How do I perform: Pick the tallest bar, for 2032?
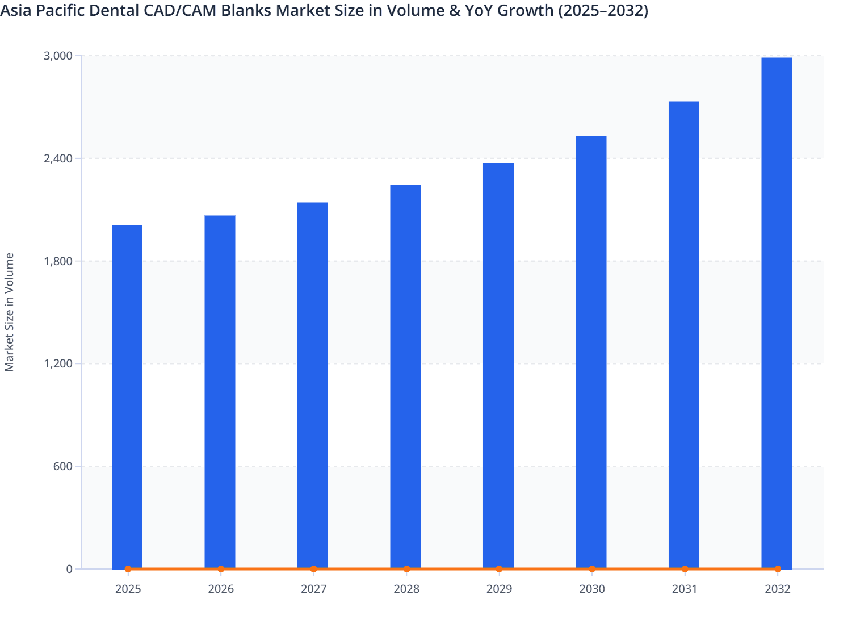(x=777, y=312)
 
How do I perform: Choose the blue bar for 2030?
(x=591, y=352)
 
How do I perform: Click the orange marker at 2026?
(x=221, y=569)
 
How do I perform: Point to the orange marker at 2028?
(x=406, y=569)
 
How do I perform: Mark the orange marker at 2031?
(x=685, y=569)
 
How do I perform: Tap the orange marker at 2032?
(x=778, y=569)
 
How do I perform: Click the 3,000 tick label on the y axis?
(x=58, y=56)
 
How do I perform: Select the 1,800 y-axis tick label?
(x=58, y=261)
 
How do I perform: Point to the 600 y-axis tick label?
(x=64, y=466)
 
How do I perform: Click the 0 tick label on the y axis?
(x=69, y=569)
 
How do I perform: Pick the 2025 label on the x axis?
(x=128, y=589)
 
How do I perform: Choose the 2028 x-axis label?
(x=406, y=589)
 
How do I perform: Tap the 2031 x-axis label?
(x=685, y=589)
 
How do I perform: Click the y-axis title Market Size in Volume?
(x=9, y=312)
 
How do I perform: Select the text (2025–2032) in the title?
(x=603, y=11)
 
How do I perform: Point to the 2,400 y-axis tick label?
(x=58, y=158)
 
